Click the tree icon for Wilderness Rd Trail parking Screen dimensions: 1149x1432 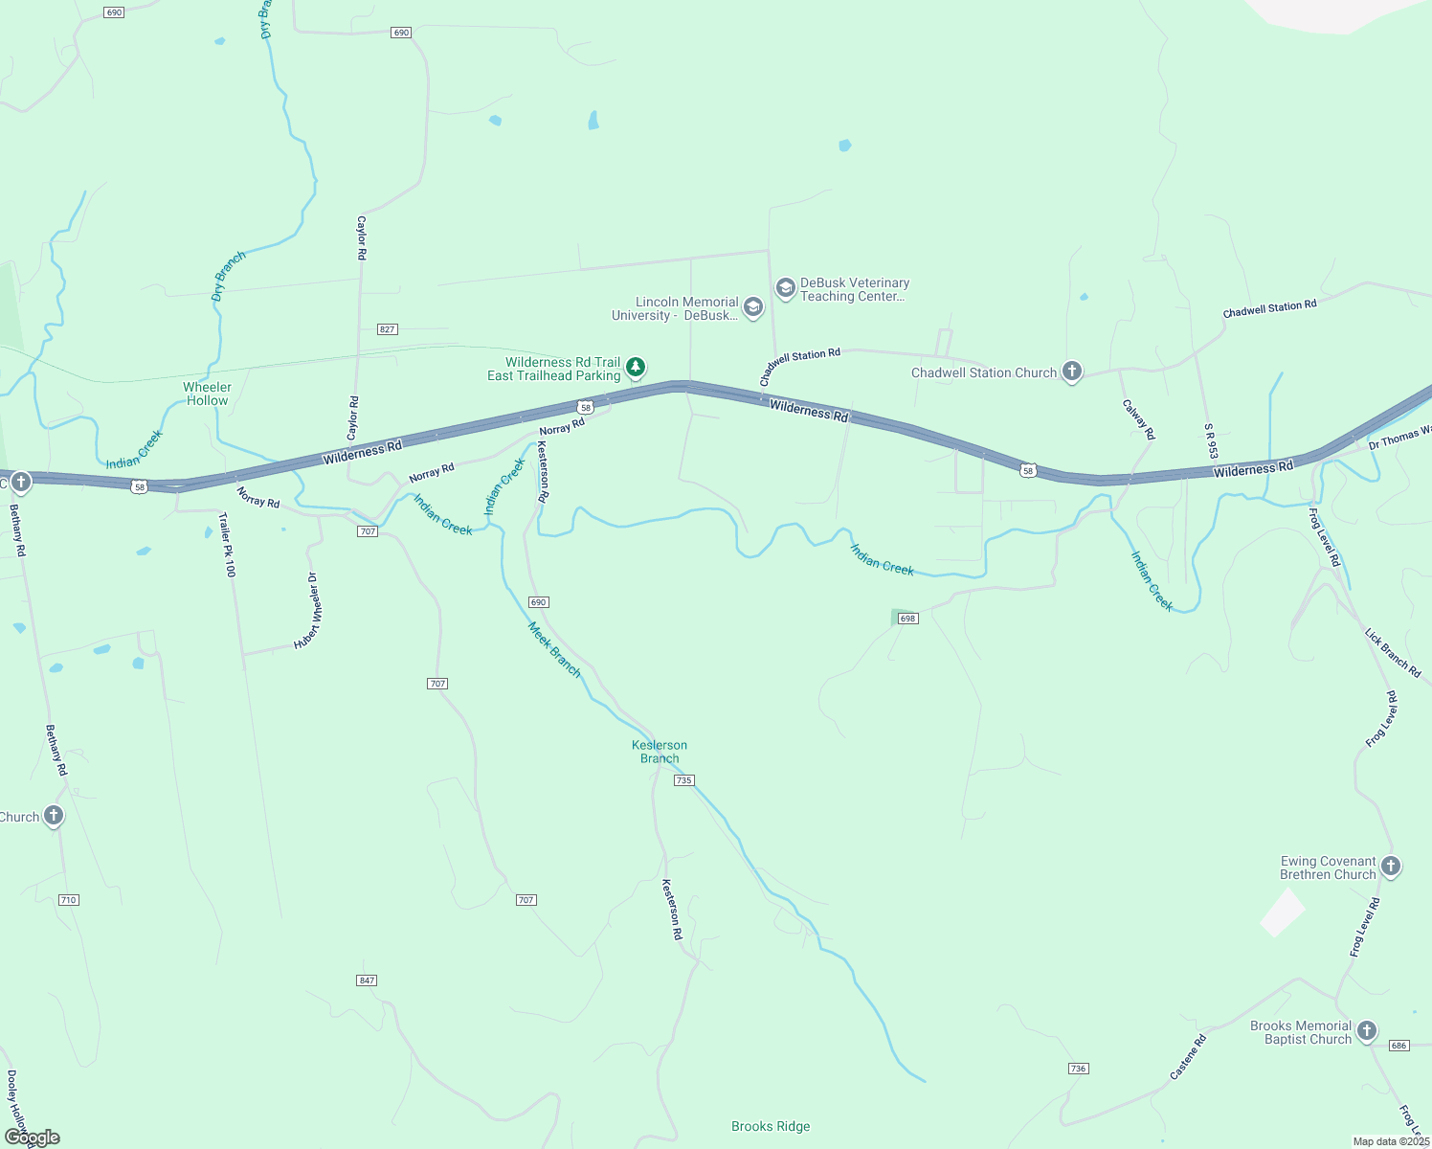(636, 367)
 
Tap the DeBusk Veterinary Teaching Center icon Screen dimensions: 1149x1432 (786, 288)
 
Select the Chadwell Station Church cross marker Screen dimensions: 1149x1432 (1072, 372)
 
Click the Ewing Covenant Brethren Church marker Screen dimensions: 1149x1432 (1391, 867)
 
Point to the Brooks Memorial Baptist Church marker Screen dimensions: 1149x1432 (1367, 1031)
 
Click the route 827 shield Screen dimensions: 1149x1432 (387, 328)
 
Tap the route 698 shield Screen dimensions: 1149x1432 (908, 618)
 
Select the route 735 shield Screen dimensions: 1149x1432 (683, 780)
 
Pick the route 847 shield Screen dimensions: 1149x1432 (367, 980)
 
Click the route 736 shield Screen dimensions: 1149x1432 (1079, 1069)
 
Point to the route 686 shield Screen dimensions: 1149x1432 (1399, 1046)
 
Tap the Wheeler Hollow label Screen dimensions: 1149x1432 (207, 394)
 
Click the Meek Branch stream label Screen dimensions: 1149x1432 (555, 650)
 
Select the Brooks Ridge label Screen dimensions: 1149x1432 (771, 1127)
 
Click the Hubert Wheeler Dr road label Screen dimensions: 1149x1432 (307, 611)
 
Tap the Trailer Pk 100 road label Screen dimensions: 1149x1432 (227, 545)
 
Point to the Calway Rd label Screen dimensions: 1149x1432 (1139, 419)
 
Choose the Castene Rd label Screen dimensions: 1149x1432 (1188, 1057)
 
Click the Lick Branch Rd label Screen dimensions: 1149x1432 (1393, 653)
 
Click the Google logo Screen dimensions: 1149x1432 (32, 1138)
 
